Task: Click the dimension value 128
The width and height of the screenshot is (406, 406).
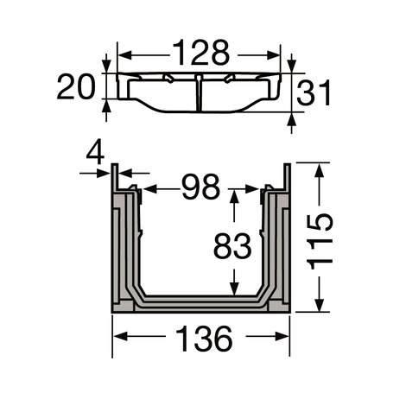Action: [200, 54]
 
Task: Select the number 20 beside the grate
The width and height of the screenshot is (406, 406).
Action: [76, 86]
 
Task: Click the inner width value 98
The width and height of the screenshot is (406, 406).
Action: [200, 187]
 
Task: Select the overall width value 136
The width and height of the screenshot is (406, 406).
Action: [200, 339]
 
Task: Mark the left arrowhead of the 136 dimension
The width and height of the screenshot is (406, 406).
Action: [117, 339]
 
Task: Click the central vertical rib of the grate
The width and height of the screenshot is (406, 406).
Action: [200, 92]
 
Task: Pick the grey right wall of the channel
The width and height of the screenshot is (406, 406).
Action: [278, 251]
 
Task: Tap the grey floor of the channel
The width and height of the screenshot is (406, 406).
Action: [200, 303]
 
